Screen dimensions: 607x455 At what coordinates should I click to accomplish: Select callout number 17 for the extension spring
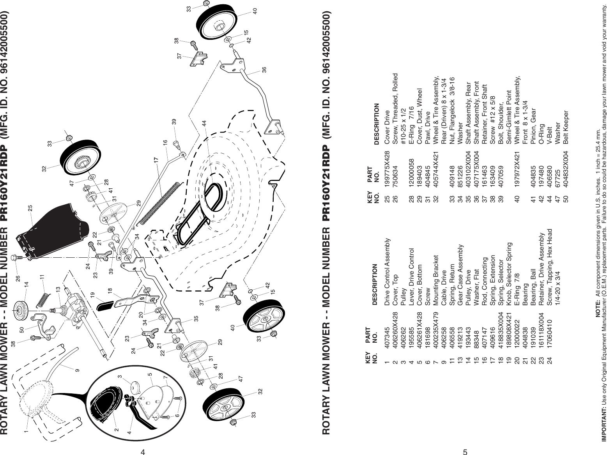coord(156,160)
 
